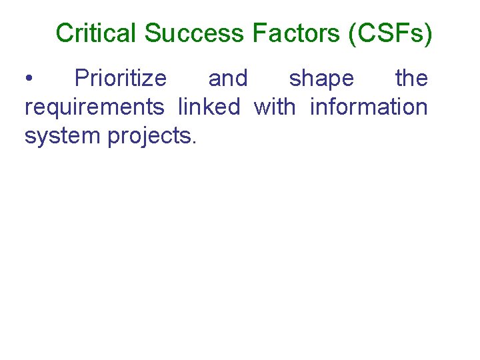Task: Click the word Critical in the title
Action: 97,33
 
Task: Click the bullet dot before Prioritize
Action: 28,79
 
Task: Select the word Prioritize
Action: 121,79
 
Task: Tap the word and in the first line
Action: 228,79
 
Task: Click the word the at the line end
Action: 411,79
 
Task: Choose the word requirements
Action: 94,107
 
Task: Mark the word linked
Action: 209,106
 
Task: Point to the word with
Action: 275,106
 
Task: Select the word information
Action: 369,106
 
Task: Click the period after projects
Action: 194,141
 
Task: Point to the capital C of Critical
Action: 64,33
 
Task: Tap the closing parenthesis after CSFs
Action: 428,33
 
